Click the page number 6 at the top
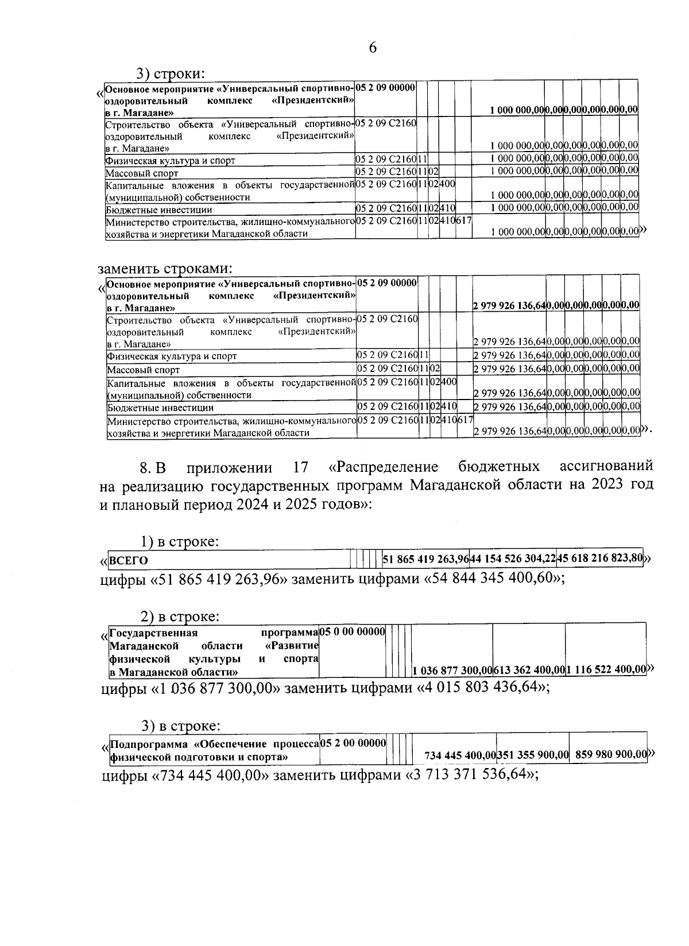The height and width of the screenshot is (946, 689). coord(372,48)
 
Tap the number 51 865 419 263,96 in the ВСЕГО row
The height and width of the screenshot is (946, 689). coord(425,559)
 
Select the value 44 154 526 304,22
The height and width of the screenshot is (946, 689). coord(513,559)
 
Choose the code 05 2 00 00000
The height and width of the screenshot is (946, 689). coord(353,743)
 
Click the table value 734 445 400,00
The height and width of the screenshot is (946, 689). coord(459,755)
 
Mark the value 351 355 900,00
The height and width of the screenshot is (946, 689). coord(532,755)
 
